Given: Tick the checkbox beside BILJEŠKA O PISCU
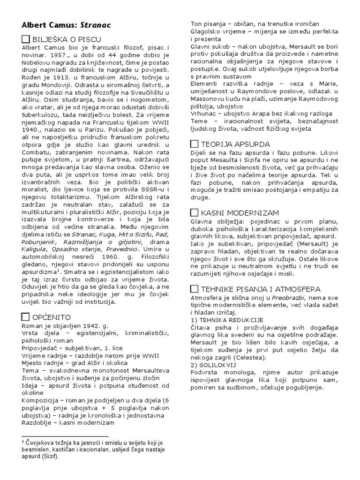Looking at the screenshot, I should (26, 39).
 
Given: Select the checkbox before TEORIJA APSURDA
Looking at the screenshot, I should (195, 144).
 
